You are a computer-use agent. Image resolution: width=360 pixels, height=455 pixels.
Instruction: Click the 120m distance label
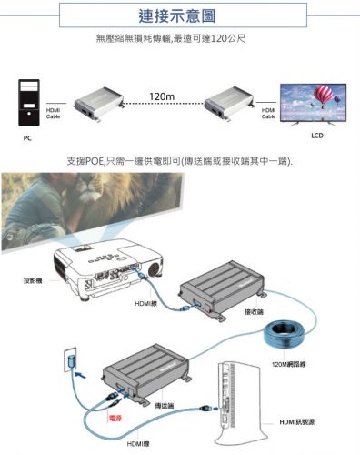(162, 95)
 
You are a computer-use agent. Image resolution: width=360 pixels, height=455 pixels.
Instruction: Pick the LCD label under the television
(317, 136)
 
